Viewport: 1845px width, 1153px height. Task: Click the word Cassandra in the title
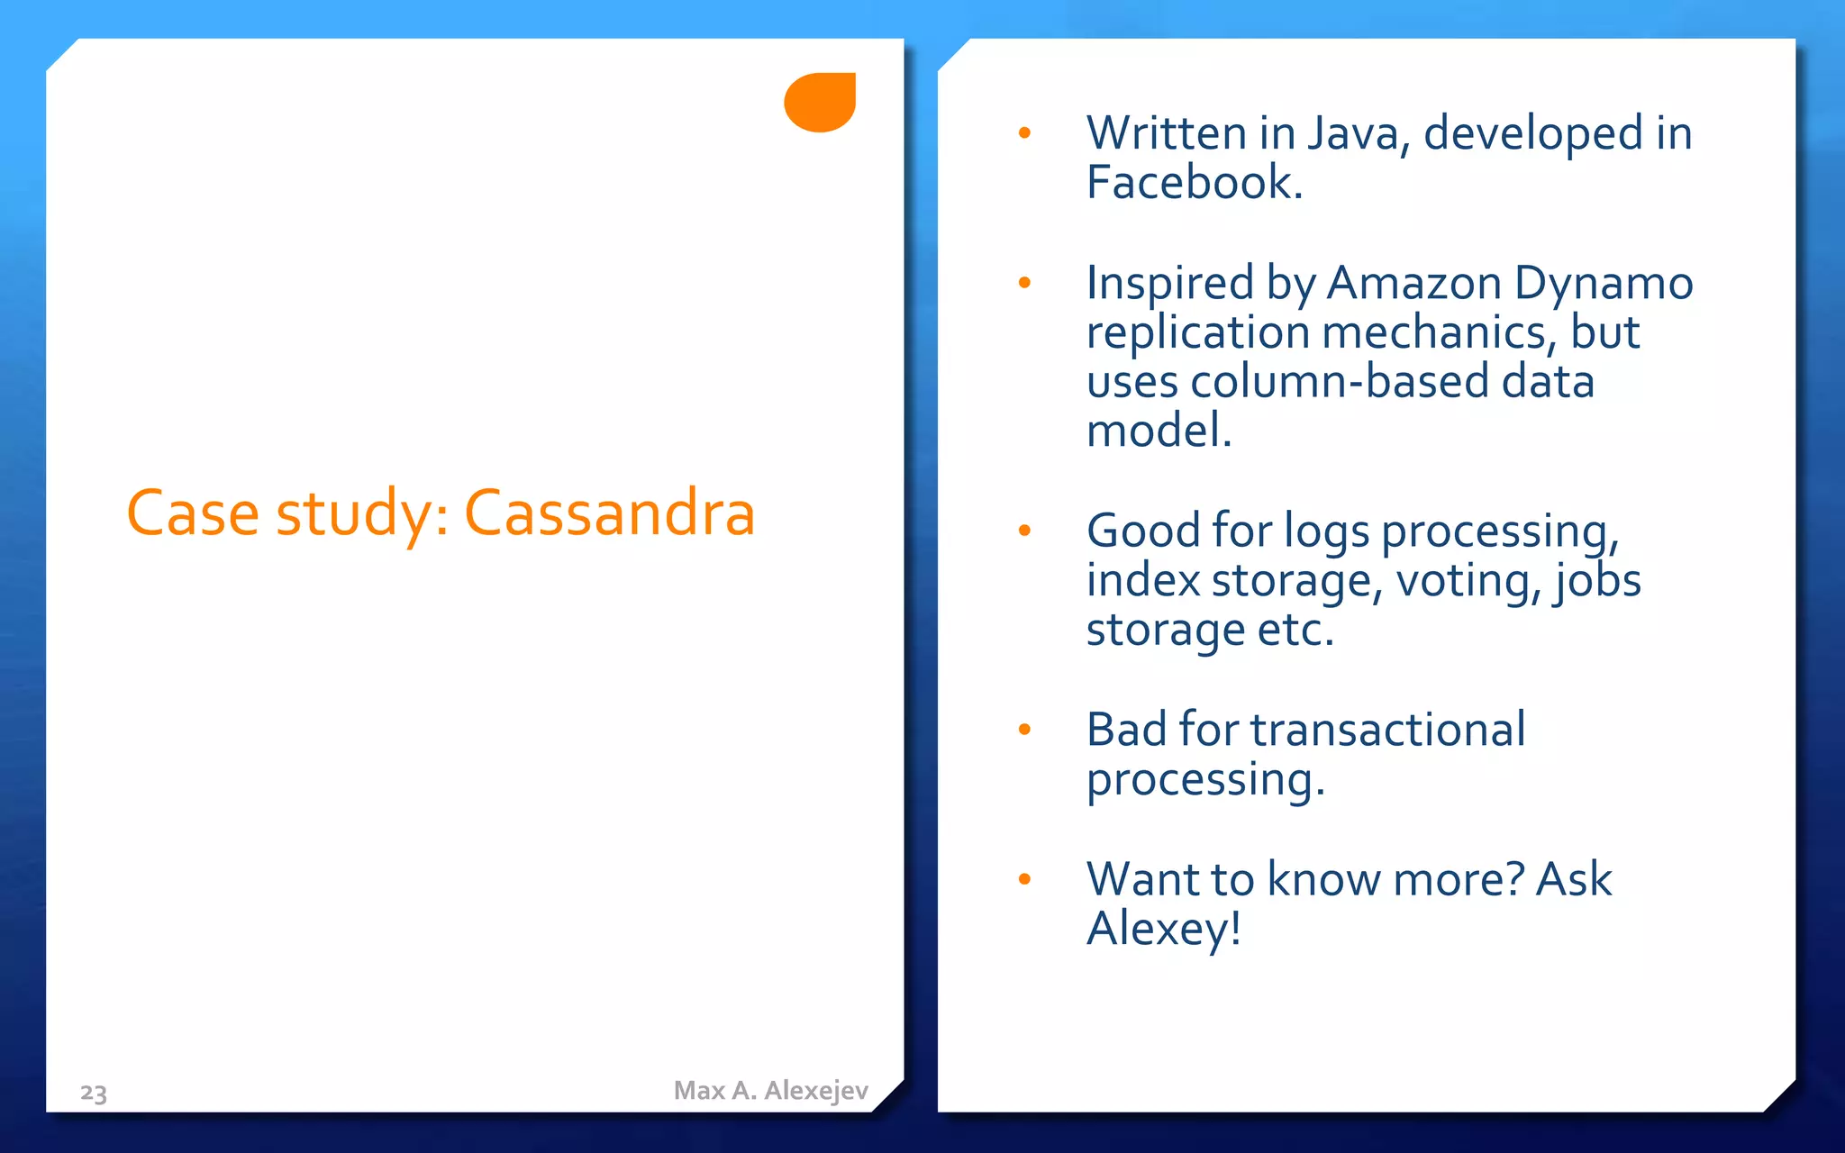(609, 513)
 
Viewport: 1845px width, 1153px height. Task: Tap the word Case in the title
(193, 513)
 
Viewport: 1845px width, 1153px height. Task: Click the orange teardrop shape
(821, 102)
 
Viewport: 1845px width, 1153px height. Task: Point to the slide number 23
(94, 1093)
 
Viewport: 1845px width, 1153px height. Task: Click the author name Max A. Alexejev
(770, 1091)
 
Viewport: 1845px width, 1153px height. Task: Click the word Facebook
(1194, 183)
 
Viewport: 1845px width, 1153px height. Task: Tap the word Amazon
(1413, 283)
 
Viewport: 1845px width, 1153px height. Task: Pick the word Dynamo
(1604, 283)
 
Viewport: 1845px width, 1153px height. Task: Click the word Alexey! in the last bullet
(1164, 929)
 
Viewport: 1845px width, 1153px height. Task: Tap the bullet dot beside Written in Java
(1024, 134)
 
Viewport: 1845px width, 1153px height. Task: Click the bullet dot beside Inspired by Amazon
(1024, 284)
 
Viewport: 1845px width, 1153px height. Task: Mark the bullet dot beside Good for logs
(1024, 531)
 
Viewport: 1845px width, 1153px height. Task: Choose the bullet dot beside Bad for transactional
(1024, 730)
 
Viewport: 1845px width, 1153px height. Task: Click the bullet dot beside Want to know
(1024, 879)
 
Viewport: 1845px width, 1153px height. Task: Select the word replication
(1197, 332)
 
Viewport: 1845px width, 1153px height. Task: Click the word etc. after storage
(1295, 630)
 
